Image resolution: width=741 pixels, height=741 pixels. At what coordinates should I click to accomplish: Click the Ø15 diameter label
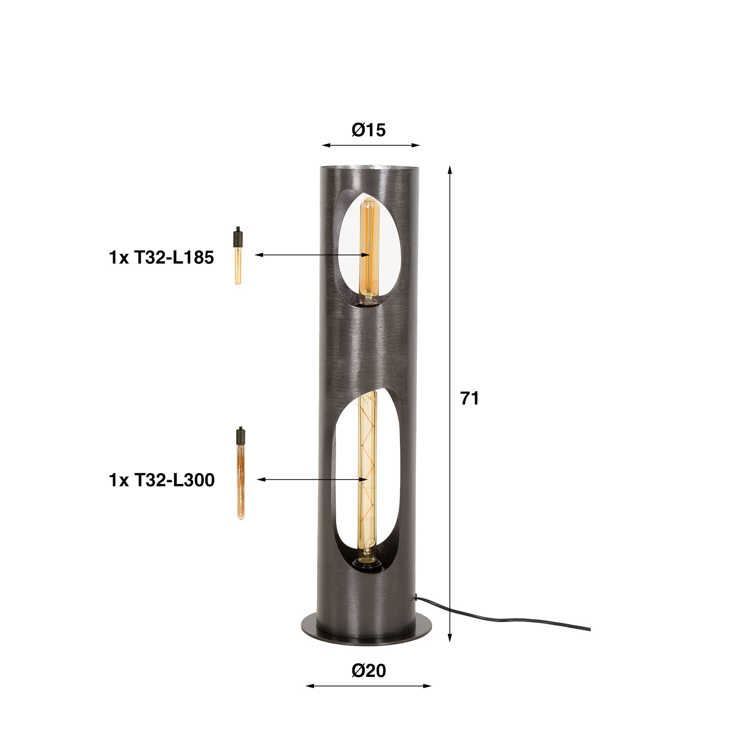(x=369, y=131)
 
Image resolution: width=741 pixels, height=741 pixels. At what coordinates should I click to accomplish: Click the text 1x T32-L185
(x=161, y=258)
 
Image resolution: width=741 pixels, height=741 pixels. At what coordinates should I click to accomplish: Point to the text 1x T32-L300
(x=162, y=480)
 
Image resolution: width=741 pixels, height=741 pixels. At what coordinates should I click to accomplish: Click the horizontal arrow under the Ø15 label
(x=370, y=145)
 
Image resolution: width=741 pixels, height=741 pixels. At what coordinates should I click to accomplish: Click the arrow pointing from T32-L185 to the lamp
(x=313, y=255)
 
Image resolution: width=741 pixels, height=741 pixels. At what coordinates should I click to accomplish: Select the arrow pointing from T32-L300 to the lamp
(x=313, y=479)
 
